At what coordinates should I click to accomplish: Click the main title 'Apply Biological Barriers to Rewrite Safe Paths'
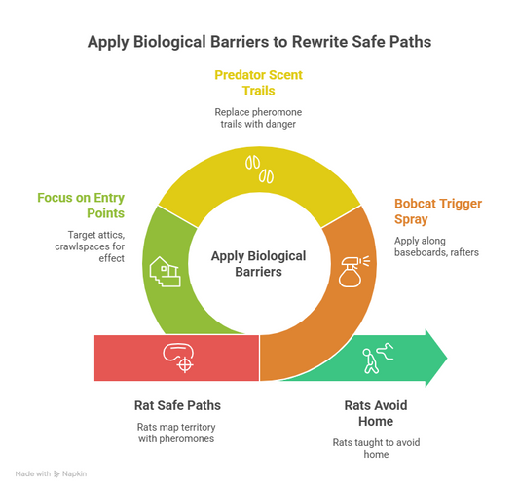tap(259, 42)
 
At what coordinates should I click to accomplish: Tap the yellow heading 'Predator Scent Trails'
tap(258, 83)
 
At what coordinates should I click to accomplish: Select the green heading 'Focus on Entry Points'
tap(81, 206)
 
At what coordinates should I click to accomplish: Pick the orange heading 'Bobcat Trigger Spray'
tap(438, 211)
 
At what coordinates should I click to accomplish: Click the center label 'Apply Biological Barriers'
tap(258, 264)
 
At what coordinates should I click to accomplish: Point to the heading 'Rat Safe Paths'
tap(177, 405)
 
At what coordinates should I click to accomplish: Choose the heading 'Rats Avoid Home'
tap(376, 413)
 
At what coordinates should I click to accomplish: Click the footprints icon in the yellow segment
tap(259, 170)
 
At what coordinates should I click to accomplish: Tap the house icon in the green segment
tap(165, 272)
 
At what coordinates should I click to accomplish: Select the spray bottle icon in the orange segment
tap(353, 272)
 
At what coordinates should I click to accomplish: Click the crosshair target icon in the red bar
tap(178, 358)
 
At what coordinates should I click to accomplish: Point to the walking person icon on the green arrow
tap(378, 359)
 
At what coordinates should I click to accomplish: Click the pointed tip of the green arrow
tap(447, 358)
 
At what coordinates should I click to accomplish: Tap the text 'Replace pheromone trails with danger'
tap(258, 118)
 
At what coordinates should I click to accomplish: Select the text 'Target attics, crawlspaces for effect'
tap(90, 246)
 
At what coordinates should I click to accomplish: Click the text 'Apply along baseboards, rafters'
tap(436, 246)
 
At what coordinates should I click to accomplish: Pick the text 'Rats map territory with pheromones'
tap(176, 433)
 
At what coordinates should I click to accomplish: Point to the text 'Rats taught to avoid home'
tap(376, 448)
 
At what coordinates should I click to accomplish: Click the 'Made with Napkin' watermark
tap(51, 473)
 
